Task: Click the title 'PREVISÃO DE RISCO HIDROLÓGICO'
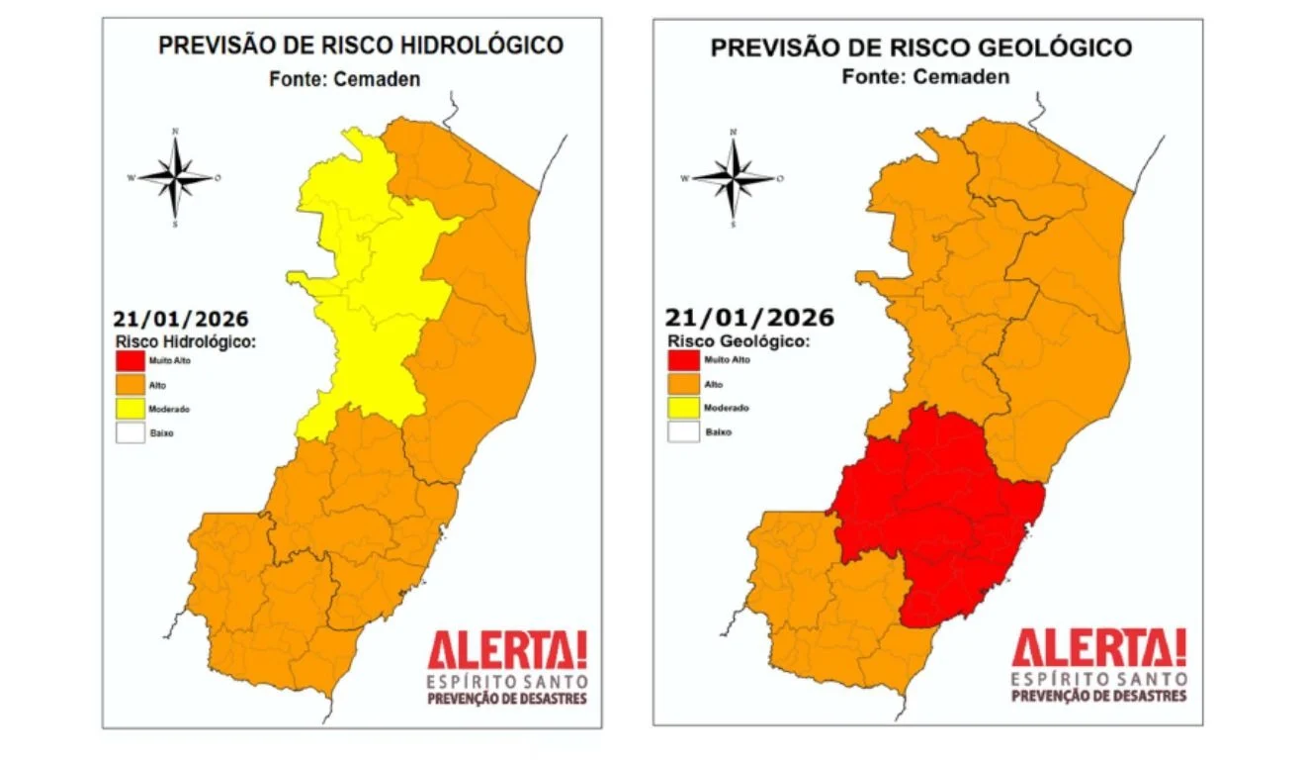(x=361, y=47)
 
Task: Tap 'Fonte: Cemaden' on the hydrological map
(x=344, y=79)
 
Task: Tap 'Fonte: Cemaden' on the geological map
(x=925, y=77)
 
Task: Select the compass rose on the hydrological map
(x=175, y=178)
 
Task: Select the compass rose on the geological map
(x=733, y=178)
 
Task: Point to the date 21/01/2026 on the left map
(x=180, y=320)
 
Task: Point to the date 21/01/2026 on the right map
(x=748, y=318)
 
